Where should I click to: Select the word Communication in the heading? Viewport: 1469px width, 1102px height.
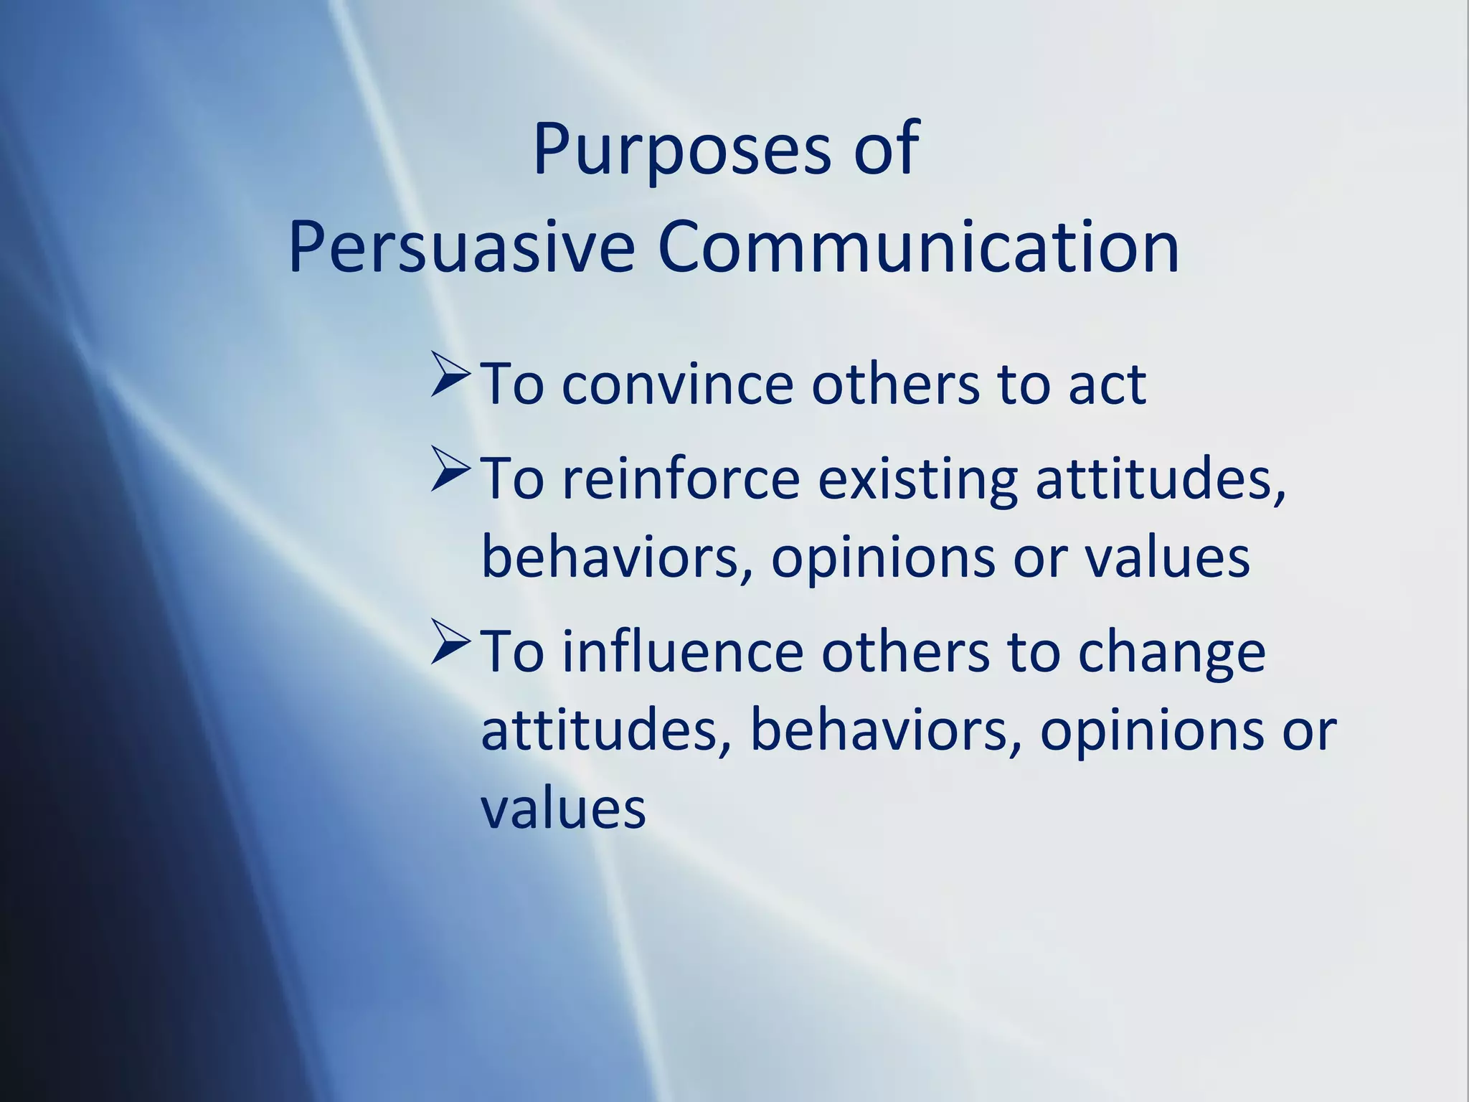pyautogui.click(x=919, y=248)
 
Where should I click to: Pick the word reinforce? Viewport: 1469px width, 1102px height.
pyautogui.click(x=681, y=479)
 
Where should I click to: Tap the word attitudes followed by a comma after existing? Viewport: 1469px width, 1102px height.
pyautogui.click(x=1159, y=479)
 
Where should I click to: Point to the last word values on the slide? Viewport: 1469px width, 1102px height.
pyautogui.click(x=563, y=809)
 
